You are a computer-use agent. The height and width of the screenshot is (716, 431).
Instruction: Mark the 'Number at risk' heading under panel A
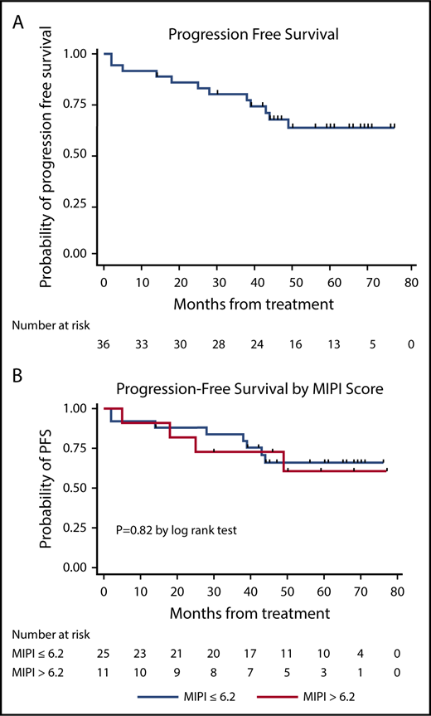pos(54,325)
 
